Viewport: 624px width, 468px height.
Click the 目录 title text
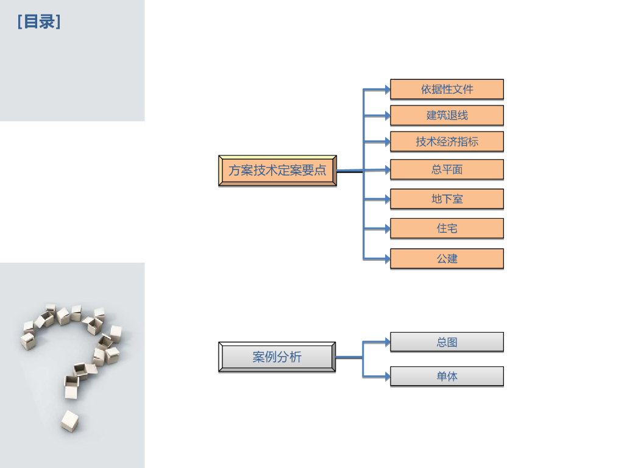coord(39,23)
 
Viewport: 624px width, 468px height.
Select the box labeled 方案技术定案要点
coord(277,171)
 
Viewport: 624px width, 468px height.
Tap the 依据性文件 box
coord(447,89)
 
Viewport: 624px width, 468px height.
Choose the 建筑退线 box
coord(447,115)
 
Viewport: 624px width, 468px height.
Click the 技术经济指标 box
coord(447,141)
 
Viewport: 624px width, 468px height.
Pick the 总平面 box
coord(447,169)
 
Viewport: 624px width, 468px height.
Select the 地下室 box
coord(447,199)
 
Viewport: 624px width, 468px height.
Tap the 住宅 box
coord(447,229)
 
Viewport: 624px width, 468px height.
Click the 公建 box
coord(447,258)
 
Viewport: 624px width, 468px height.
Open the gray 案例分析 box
coord(277,357)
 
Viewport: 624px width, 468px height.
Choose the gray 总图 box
coord(447,342)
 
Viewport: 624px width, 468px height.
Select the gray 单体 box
coord(447,376)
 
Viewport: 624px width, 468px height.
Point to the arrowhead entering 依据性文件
coord(386,90)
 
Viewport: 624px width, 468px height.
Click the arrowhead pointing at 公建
coord(386,259)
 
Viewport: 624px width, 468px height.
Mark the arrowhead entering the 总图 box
coord(386,342)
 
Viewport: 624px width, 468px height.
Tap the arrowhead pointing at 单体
coord(386,377)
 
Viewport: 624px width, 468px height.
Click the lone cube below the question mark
coord(69,421)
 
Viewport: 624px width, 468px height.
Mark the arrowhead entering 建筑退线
coord(386,115)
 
